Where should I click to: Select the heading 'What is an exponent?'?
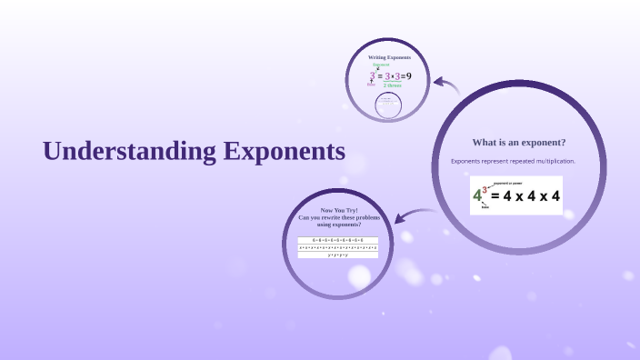click(x=518, y=142)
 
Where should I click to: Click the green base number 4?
click(x=477, y=196)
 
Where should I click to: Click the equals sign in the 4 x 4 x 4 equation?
click(x=496, y=195)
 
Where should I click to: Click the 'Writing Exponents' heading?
click(x=389, y=57)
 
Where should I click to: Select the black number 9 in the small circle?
click(x=409, y=75)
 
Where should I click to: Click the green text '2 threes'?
click(x=393, y=85)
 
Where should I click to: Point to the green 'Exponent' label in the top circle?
click(x=381, y=65)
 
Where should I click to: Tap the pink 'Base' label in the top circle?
click(x=371, y=84)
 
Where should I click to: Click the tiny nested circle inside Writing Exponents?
click(x=388, y=104)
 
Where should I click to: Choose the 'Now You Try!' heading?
click(x=338, y=210)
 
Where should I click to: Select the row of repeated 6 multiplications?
click(x=338, y=239)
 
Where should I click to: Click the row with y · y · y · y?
click(x=338, y=255)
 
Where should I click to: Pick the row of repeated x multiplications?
click(x=338, y=246)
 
